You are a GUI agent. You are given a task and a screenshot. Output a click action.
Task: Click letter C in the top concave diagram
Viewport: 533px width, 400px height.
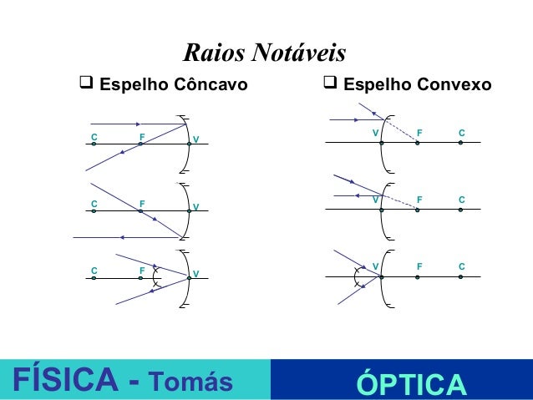[x=94, y=134]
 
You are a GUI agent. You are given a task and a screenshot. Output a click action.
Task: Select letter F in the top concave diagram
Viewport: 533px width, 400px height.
[x=142, y=134]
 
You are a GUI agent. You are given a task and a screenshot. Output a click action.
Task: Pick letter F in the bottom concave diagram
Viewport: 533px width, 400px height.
[x=142, y=271]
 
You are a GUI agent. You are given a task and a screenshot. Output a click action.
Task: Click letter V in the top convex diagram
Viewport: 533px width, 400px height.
[x=375, y=133]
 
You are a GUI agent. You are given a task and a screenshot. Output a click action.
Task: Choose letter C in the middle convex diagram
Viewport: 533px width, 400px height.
[x=461, y=200]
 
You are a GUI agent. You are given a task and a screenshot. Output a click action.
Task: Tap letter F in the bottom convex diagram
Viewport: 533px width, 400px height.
[x=419, y=266]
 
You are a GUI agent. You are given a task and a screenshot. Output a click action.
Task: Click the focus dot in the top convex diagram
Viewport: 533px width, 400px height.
[x=418, y=143]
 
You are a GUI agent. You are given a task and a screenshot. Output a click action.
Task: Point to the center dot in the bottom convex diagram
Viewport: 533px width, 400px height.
[x=460, y=276]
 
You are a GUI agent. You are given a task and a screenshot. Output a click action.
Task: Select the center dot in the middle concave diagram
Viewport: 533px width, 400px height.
[x=94, y=212]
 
